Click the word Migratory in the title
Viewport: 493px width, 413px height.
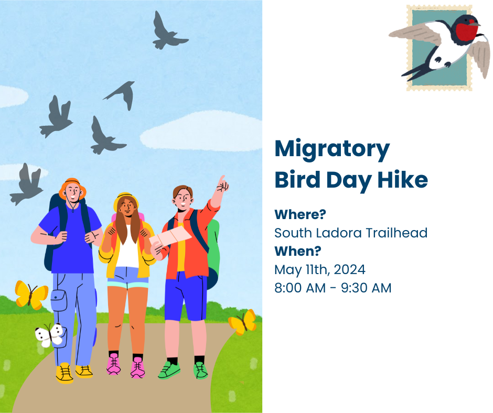pos(332,149)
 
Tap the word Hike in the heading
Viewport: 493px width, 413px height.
pos(402,179)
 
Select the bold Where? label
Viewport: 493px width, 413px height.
pos(300,214)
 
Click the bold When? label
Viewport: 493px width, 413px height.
pos(298,251)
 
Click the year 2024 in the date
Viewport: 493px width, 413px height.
pos(349,269)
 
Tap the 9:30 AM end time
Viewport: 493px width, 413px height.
pos(366,288)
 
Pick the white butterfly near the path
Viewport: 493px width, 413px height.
pos(49,334)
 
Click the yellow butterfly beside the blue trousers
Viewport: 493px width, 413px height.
pos(31,294)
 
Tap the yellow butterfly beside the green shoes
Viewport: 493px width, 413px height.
pos(243,321)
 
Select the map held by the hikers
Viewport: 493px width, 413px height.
pos(170,237)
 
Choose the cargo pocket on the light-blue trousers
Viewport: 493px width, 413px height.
pos(59,301)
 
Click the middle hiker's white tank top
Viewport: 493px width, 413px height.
pos(127,248)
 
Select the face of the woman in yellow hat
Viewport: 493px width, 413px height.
pos(127,208)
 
